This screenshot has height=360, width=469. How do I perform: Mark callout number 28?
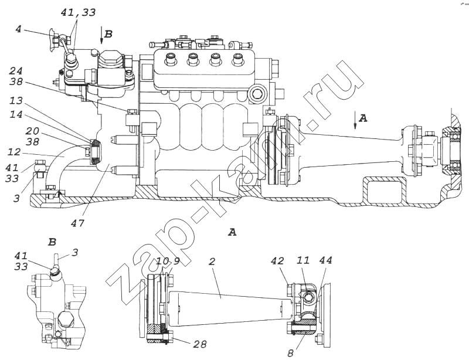coord(200,344)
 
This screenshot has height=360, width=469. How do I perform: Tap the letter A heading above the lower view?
coord(232,233)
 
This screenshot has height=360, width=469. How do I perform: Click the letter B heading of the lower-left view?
coord(52,242)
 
